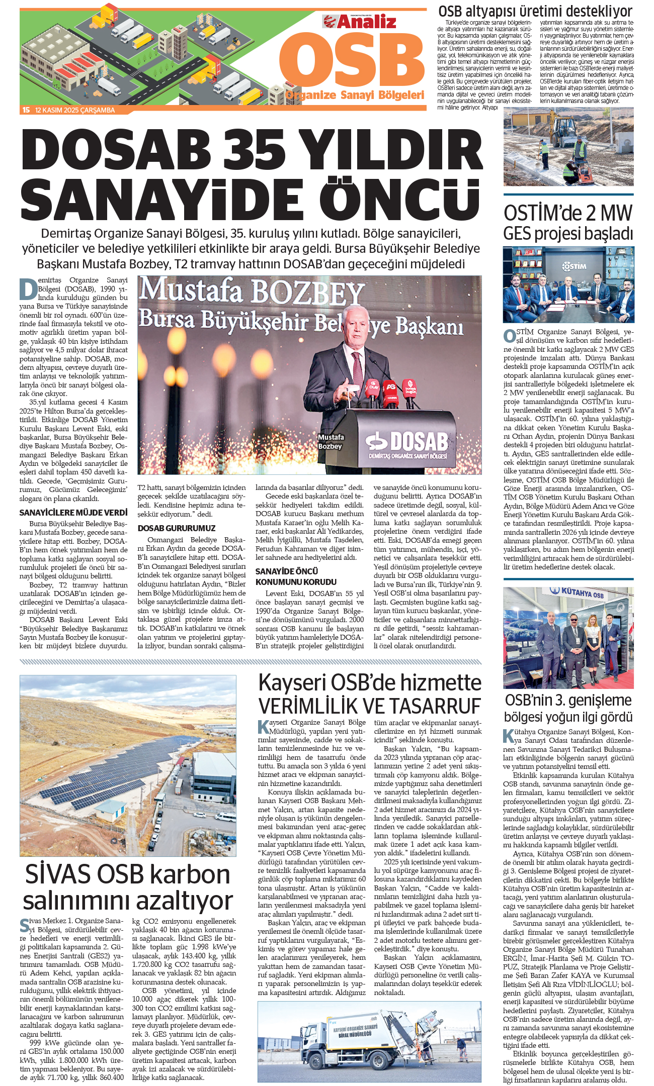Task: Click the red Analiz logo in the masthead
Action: (x=359, y=22)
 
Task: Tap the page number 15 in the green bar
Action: (x=26, y=110)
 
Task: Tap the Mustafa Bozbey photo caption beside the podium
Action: (x=331, y=442)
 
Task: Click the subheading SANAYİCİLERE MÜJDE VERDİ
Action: (x=73, y=513)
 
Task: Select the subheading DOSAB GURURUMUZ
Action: (x=176, y=528)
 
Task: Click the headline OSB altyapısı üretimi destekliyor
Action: (x=535, y=11)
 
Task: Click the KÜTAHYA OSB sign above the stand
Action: (x=582, y=593)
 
